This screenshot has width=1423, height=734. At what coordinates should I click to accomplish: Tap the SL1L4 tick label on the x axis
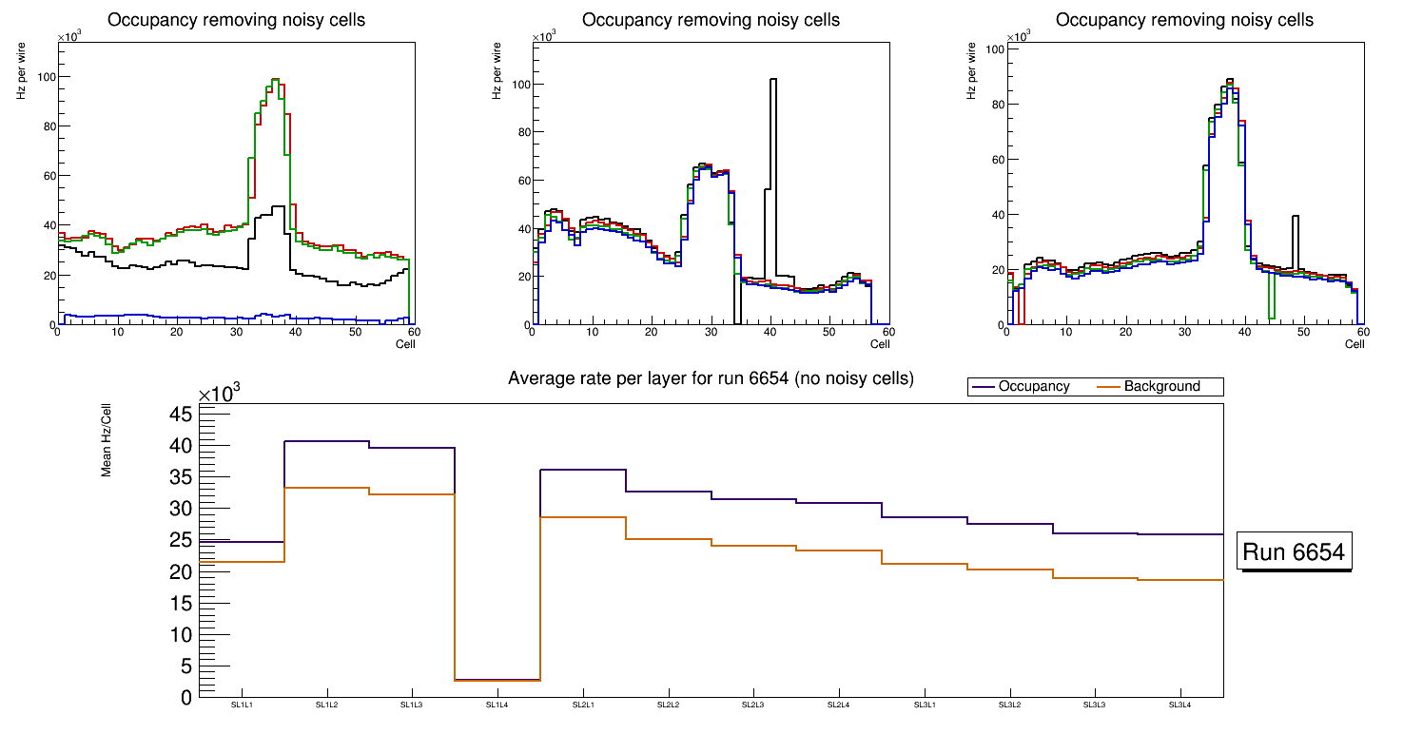pos(497,705)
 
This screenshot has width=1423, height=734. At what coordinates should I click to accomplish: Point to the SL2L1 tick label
pos(583,705)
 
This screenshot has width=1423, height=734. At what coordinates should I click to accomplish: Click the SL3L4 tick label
pos(1180,705)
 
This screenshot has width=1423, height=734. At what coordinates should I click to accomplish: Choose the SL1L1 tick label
pos(242,705)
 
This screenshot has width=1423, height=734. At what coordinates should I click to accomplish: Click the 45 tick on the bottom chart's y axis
pos(182,414)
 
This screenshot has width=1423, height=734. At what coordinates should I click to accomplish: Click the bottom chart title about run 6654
pos(711,378)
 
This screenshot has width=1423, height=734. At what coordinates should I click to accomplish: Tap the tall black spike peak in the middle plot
pos(772,80)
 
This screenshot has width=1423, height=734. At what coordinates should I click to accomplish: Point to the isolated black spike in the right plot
pos(1296,217)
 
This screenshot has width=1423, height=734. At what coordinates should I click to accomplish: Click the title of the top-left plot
pos(237,20)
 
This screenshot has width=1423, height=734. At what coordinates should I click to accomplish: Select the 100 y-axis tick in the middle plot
pos(518,85)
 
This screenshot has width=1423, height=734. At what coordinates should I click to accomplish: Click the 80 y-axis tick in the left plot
pos(46,126)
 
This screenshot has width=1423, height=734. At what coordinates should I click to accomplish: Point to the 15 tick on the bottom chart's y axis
pos(182,603)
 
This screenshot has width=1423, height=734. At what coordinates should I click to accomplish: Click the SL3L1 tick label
pos(925,705)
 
